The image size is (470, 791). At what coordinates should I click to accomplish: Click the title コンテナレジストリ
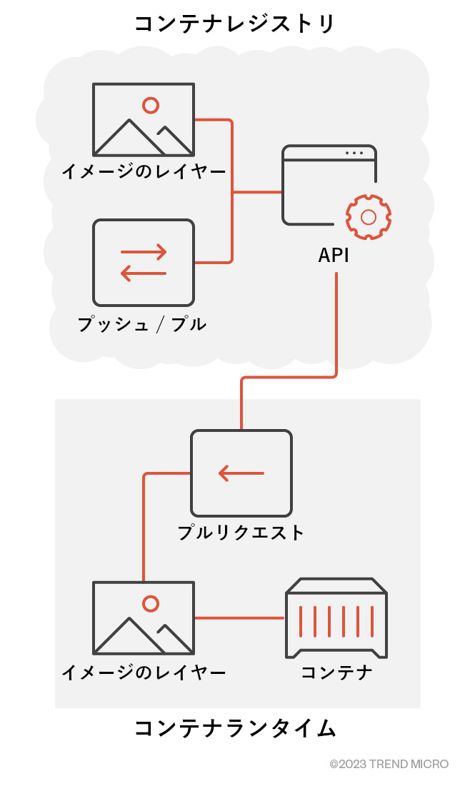click(234, 24)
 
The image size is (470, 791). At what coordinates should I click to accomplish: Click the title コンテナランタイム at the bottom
click(234, 729)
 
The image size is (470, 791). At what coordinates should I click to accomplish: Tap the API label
click(334, 256)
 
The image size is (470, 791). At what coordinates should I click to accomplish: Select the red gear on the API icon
click(369, 216)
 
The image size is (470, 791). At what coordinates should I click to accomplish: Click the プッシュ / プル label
click(142, 324)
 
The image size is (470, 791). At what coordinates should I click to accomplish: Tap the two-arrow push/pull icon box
click(144, 262)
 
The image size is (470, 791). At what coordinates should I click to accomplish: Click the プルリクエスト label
click(241, 533)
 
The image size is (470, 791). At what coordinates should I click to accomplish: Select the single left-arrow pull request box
click(241, 473)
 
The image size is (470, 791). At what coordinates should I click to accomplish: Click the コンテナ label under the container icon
click(336, 672)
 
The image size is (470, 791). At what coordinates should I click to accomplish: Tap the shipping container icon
click(336, 618)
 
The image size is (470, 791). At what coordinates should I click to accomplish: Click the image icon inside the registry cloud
click(144, 119)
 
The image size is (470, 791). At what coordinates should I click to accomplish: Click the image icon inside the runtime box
click(144, 618)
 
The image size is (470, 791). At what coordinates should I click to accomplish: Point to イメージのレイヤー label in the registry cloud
click(144, 172)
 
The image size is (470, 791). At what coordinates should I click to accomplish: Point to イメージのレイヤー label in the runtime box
click(144, 672)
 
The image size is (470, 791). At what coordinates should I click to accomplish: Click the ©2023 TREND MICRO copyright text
click(389, 764)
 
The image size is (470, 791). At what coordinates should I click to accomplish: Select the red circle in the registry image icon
click(151, 106)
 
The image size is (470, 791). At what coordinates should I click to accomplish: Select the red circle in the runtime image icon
click(151, 604)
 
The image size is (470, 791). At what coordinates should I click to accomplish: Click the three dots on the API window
click(354, 153)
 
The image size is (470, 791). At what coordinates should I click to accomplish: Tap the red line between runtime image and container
click(239, 618)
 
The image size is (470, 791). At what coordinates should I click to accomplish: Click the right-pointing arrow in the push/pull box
click(144, 251)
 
